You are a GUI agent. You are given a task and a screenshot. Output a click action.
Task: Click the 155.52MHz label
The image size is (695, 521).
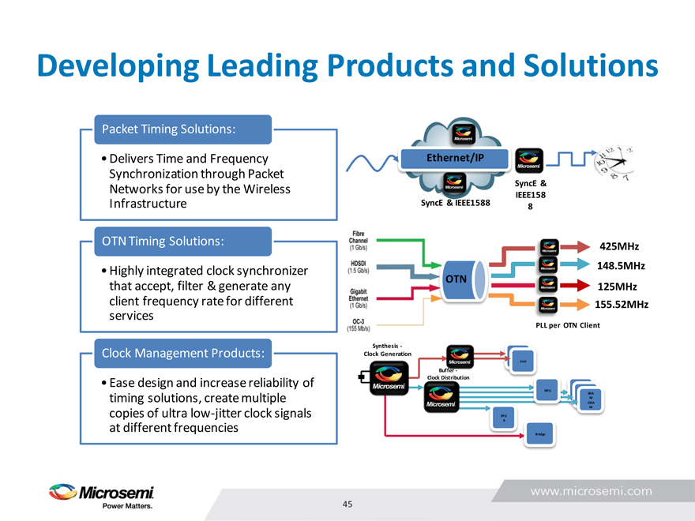point(622,304)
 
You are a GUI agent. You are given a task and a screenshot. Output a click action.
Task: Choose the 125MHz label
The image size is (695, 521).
point(618,286)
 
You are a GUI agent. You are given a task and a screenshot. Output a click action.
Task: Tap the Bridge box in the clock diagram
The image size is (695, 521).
point(540,433)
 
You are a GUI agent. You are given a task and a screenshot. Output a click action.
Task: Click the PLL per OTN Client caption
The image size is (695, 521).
point(568,325)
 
